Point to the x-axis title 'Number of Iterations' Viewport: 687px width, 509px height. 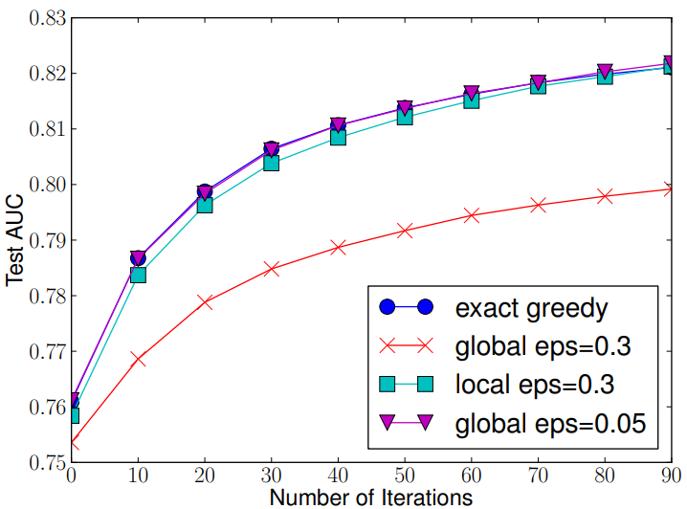coord(370,497)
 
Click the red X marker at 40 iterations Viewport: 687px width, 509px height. coord(338,248)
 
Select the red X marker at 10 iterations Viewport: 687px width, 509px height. coord(138,359)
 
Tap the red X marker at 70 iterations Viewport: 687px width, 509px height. coord(538,205)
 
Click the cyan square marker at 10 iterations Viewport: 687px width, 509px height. coord(138,275)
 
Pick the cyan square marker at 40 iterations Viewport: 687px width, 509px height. coord(338,137)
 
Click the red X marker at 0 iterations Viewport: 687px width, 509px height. coord(72,444)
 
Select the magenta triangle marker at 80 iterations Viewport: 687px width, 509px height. coord(605,72)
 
